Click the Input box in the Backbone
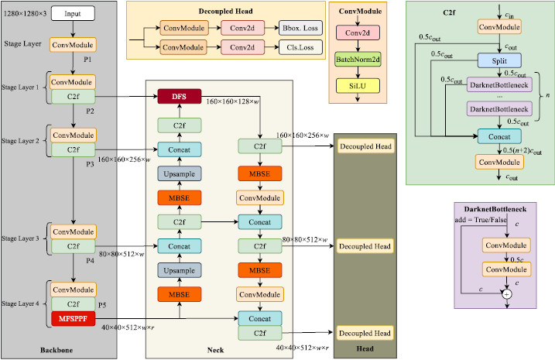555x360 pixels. (x=72, y=14)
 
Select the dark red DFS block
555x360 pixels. (x=179, y=98)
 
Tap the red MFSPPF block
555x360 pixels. (x=72, y=318)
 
